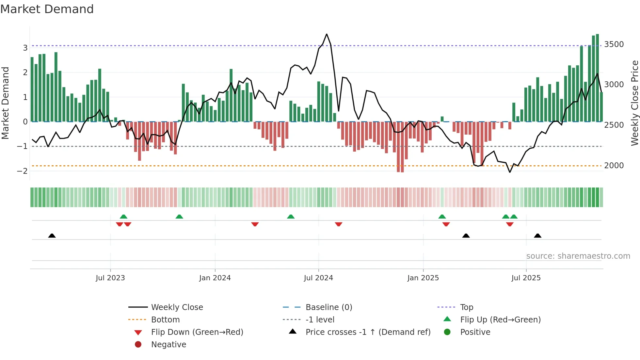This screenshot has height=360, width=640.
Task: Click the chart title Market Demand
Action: pos(47,9)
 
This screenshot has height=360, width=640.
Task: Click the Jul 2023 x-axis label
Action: pos(110,278)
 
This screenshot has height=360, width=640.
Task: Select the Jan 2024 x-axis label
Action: pos(215,278)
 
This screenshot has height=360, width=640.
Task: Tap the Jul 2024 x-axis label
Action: pos(318,278)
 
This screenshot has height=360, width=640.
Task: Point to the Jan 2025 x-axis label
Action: pos(423,278)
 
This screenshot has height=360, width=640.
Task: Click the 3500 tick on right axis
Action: pos(614,44)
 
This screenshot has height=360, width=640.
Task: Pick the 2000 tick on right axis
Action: pos(614,166)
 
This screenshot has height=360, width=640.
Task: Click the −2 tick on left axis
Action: pos(22,171)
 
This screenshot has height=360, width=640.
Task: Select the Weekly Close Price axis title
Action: pos(634,103)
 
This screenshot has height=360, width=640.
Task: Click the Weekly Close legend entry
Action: pos(177,307)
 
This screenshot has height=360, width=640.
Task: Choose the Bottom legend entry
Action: pos(165,320)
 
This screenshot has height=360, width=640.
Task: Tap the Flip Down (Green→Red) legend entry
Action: pos(197,332)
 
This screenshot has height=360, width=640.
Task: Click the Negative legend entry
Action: pos(168,345)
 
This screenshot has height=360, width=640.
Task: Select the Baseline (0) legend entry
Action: pos(329,307)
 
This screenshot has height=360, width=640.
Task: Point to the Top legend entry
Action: pos(467,307)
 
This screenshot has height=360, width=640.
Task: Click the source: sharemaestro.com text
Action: pos(578,256)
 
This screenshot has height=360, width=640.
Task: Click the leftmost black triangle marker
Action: pos(52,236)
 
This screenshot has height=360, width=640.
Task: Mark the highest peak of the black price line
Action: pos(327,34)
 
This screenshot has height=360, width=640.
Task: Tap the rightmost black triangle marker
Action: pos(537,236)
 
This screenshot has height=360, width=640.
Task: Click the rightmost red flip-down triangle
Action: pos(510,224)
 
